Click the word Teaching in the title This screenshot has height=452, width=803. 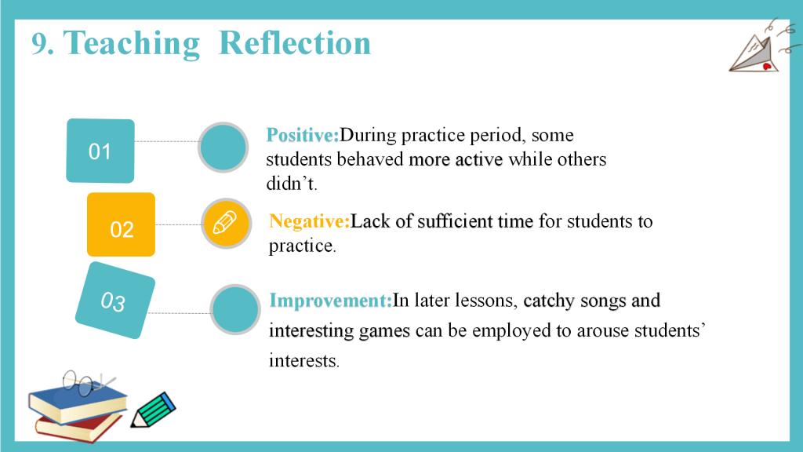[x=131, y=44]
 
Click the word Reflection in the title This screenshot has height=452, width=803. [x=295, y=42]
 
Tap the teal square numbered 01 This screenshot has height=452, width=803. [x=100, y=151]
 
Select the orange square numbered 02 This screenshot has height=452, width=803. [x=121, y=224]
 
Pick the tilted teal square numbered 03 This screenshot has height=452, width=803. [x=115, y=301]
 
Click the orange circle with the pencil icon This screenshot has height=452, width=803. [x=226, y=224]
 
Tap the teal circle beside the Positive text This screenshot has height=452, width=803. [x=223, y=147]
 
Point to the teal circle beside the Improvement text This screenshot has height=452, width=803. [x=235, y=309]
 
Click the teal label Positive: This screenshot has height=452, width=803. [x=303, y=135]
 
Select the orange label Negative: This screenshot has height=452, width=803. [x=309, y=221]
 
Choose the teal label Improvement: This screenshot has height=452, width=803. [x=331, y=301]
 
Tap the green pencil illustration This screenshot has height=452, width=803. [x=153, y=410]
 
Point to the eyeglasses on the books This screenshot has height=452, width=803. [x=88, y=383]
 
